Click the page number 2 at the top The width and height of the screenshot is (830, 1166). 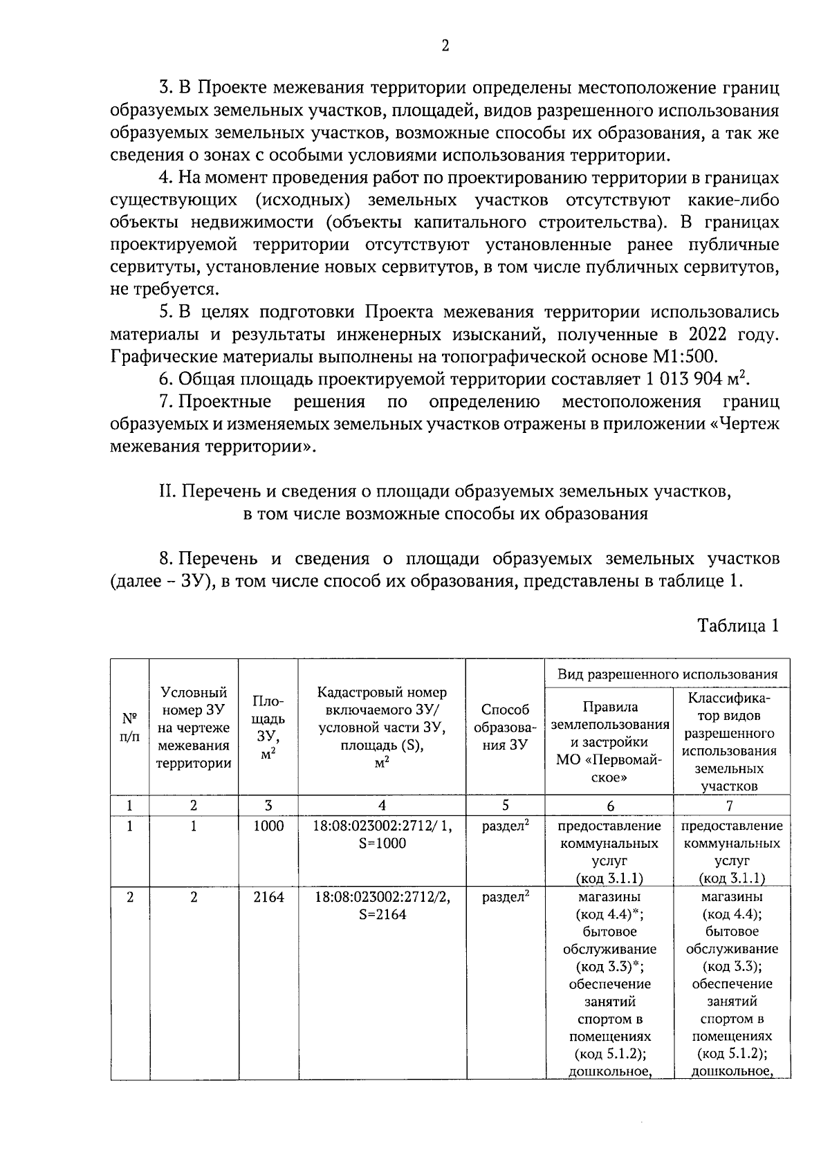(x=445, y=46)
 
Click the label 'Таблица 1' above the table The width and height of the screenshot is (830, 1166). (x=738, y=625)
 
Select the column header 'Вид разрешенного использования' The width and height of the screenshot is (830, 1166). (x=667, y=674)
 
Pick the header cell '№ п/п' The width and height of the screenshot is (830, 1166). (x=129, y=726)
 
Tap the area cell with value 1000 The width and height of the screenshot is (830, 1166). (x=268, y=826)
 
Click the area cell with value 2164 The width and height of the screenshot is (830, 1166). (x=268, y=896)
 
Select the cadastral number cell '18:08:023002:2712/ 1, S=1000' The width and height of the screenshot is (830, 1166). (x=382, y=834)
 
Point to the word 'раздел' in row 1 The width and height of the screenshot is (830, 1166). (x=503, y=826)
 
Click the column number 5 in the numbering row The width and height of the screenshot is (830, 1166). (x=506, y=805)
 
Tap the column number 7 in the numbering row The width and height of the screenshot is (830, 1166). (x=731, y=805)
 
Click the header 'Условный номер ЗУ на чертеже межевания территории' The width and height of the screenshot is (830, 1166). (x=194, y=728)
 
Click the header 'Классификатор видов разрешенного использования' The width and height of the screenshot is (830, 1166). (x=731, y=741)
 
